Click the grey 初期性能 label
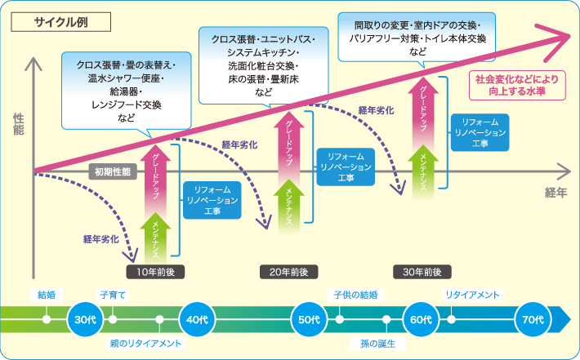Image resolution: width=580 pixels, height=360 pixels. (x=112, y=173)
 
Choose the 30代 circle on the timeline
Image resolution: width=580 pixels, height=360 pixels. (x=83, y=319)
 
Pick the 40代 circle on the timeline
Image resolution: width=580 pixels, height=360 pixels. (x=196, y=319)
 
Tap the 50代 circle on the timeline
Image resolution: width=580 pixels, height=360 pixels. (x=309, y=319)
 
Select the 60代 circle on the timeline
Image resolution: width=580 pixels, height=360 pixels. (x=421, y=319)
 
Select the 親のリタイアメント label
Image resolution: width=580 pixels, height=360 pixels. (x=145, y=344)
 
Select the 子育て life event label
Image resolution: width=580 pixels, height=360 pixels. (x=113, y=294)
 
